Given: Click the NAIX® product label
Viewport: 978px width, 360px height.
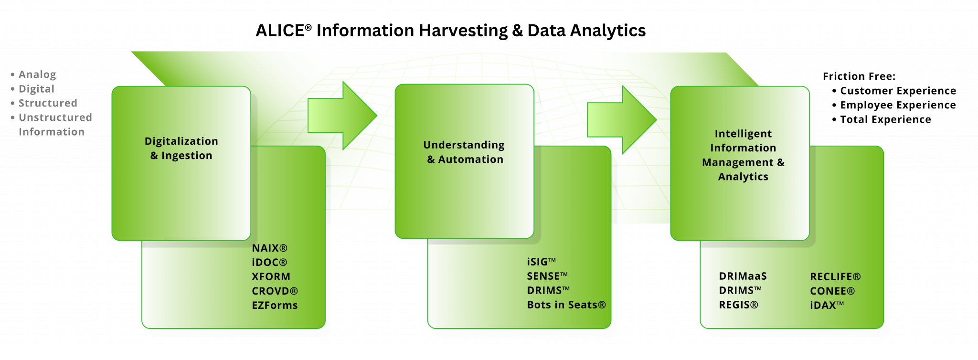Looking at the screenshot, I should click(269, 248).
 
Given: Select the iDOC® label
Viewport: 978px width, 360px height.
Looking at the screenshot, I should click(269, 263).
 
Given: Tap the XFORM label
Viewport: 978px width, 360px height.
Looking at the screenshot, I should click(271, 277).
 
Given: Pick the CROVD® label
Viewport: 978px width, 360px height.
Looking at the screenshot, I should click(275, 291).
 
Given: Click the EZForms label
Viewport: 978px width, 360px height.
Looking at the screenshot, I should click(275, 306).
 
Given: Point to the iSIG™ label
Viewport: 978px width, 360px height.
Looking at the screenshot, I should click(541, 262).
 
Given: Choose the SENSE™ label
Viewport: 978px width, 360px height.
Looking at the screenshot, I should click(547, 276).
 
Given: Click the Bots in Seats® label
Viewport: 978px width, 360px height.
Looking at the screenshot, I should click(566, 305).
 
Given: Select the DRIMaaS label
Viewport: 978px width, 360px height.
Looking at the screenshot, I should click(743, 276).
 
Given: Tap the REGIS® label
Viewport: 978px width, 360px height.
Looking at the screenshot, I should click(738, 305).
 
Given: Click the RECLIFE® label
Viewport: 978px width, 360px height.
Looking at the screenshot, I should click(835, 277).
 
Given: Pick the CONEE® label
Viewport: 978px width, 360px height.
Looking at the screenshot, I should click(832, 291).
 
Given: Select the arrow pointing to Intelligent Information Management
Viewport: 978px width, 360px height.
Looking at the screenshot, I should click(621, 119).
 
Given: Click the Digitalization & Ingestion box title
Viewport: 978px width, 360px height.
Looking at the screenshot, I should click(181, 148).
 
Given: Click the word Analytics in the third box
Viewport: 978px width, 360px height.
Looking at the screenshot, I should click(743, 177).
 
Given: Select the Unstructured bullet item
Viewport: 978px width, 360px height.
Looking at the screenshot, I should click(55, 117).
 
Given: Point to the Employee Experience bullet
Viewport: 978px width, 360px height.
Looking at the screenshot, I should click(898, 105).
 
